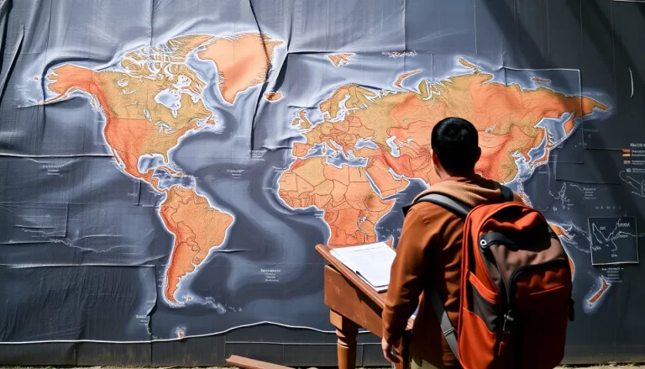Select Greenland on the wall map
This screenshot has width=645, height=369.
coord(238,59)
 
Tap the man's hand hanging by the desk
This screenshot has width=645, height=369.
coord(389,349)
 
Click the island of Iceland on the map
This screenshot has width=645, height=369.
coord(273,96)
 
